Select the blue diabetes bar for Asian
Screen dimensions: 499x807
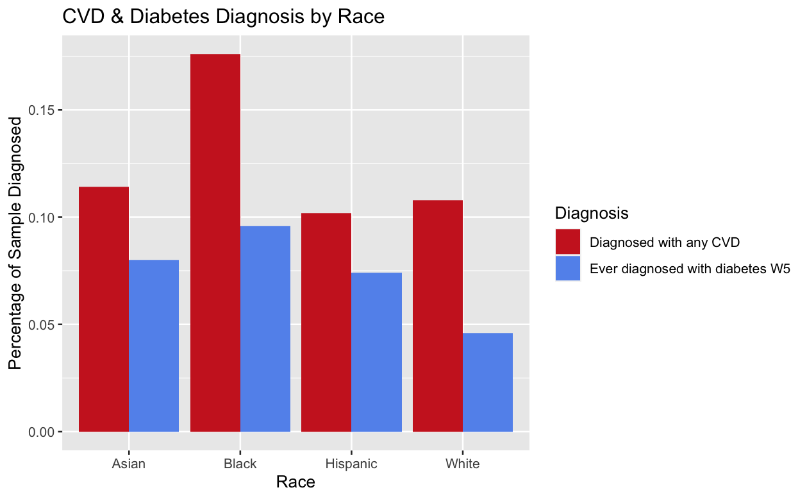[154, 346]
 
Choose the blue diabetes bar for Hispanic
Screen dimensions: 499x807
[376, 352]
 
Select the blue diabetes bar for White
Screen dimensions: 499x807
[488, 382]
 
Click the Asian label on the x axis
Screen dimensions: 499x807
[129, 464]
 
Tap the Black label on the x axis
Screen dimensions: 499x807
[240, 464]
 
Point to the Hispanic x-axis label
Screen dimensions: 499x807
[351, 464]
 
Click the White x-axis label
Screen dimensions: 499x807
[463, 464]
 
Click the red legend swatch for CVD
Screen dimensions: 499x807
[568, 242]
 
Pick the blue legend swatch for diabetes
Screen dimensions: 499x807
[568, 269]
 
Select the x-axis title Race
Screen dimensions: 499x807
[295, 482]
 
